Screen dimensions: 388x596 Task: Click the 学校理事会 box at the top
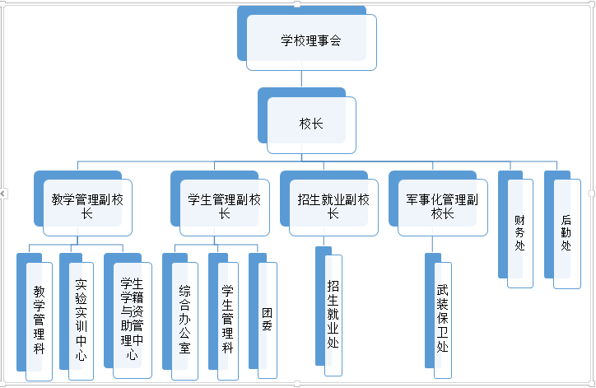(310, 40)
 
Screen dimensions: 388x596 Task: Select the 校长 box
(311, 124)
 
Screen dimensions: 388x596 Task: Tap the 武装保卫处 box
(443, 318)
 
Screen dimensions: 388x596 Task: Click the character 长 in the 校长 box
(318, 124)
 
